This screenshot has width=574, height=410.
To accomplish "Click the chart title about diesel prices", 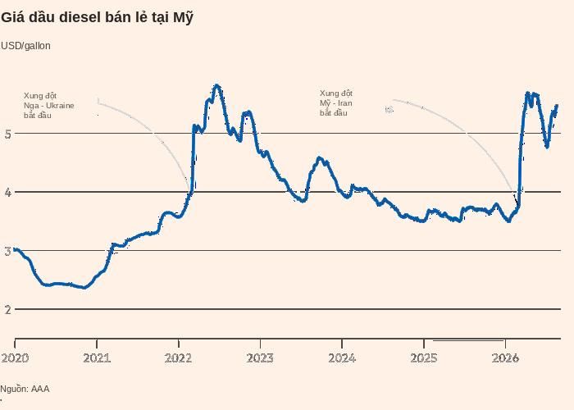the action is click(x=97, y=17).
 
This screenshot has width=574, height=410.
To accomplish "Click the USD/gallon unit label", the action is click(x=25, y=46).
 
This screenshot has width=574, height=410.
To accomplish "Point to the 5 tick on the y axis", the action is click(x=8, y=134).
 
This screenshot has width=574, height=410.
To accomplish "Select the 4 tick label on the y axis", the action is click(x=8, y=192).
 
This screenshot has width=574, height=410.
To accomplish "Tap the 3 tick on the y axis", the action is click(x=8, y=251).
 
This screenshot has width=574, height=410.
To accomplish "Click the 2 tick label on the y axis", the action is click(x=8, y=310).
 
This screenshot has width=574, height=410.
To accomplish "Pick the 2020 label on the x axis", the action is click(x=15, y=358).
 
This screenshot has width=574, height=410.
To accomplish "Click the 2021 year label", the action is click(x=97, y=358).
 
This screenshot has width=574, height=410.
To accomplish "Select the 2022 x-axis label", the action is click(x=178, y=358).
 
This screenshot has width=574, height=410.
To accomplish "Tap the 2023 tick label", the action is click(x=260, y=358).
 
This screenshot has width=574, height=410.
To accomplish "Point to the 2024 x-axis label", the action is click(x=342, y=358).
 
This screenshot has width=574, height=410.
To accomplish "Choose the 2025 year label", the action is click(x=424, y=358).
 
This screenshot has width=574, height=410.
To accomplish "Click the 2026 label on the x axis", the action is click(x=505, y=358).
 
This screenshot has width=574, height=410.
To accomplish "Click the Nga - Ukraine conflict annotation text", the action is click(x=48, y=106).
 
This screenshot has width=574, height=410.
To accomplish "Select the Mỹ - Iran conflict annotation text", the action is click(x=336, y=103).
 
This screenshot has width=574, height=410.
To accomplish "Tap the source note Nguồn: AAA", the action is click(x=25, y=389).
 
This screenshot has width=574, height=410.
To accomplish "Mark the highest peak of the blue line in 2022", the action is click(x=216, y=85).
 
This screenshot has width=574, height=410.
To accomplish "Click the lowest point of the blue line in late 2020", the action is click(x=84, y=288).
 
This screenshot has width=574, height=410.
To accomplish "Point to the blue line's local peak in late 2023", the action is click(x=319, y=157).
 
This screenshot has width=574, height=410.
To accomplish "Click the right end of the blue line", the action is click(x=557, y=106).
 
